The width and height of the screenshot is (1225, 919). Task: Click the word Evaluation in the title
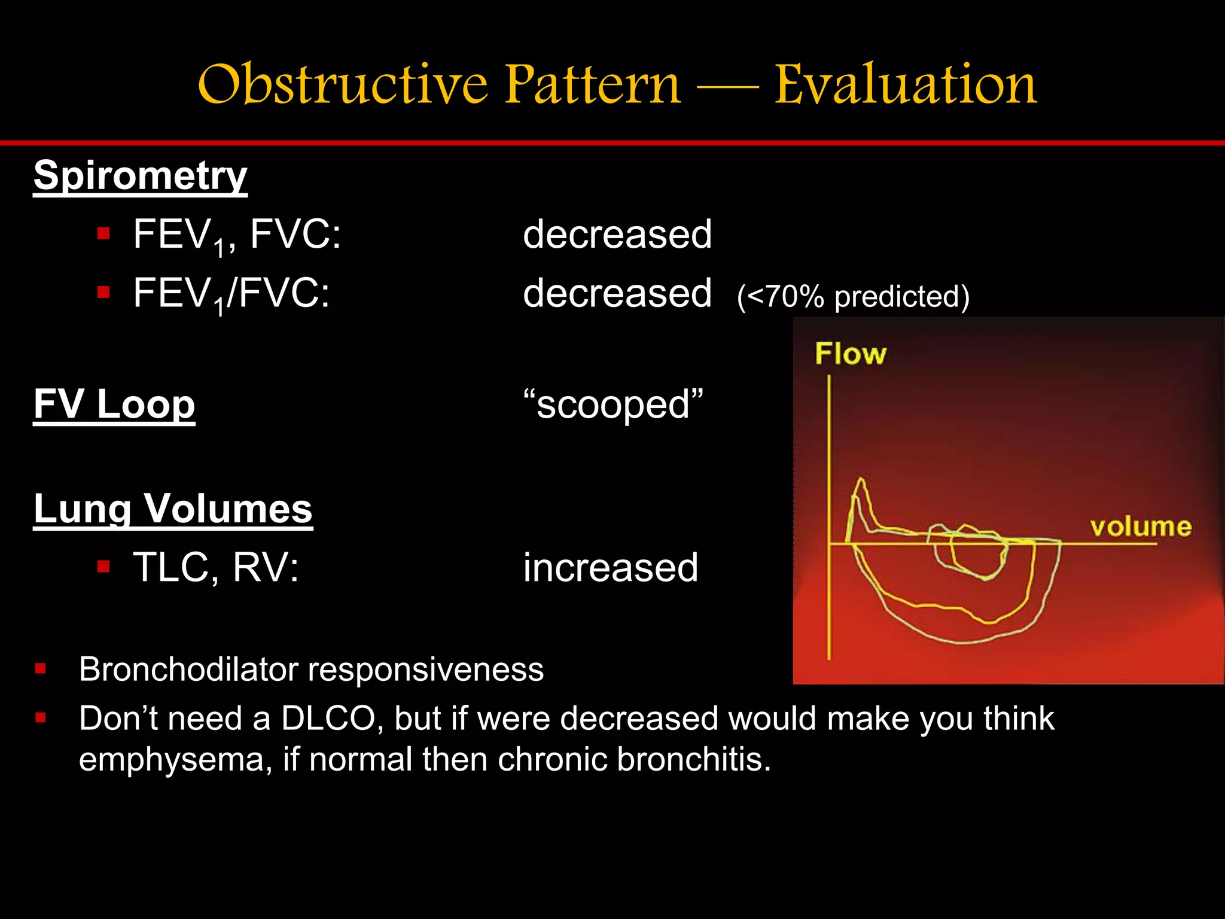905,85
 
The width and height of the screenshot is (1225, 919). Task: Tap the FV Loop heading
114,404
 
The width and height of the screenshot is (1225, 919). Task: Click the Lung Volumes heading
173,509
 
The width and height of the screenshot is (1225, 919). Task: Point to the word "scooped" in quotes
612,404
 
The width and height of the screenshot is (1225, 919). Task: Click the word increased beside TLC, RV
610,567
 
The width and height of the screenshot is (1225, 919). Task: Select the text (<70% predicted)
853,296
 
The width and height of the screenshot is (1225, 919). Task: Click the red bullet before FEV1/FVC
103,292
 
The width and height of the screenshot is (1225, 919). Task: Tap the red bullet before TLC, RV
103,566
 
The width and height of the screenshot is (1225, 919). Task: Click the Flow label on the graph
850,354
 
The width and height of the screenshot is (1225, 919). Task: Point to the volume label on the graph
1140,527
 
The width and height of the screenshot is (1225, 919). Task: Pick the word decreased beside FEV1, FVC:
617,234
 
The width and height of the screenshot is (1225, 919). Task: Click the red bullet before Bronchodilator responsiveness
41,668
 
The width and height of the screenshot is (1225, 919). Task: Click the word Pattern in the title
592,85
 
